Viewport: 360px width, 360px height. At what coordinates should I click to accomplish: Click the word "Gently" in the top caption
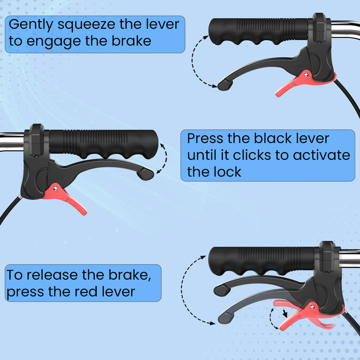tap(31, 25)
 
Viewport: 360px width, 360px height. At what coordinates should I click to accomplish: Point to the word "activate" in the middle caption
tap(321, 155)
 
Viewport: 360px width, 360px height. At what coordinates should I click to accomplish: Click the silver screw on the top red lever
tap(307, 75)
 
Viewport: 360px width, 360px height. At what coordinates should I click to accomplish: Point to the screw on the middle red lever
tap(55, 189)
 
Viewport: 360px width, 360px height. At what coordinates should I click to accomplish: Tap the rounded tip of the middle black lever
tap(146, 174)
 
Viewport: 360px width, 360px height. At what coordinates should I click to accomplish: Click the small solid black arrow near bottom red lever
tap(285, 313)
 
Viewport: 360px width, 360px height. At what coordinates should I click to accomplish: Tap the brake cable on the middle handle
tap(9, 209)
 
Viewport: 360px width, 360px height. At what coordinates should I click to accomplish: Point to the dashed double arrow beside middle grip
tap(165, 158)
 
